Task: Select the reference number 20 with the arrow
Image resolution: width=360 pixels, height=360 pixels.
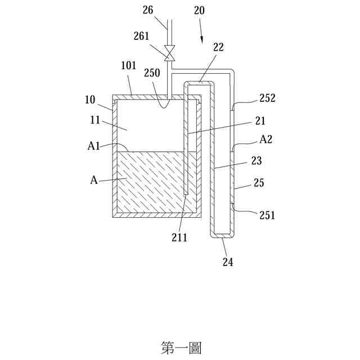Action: click(199, 11)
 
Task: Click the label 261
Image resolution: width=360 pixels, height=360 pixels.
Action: click(142, 37)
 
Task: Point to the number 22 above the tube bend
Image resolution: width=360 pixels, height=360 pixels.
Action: click(218, 48)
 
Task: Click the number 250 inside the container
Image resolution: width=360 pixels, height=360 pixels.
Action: click(152, 73)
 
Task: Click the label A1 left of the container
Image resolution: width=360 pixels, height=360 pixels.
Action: click(94, 146)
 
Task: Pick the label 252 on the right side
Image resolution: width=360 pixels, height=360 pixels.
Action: click(268, 97)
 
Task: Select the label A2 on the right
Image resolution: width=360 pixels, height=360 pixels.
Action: click(266, 140)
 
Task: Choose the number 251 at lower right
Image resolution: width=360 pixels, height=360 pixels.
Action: click(267, 214)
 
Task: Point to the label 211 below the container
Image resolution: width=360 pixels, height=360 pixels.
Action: click(180, 238)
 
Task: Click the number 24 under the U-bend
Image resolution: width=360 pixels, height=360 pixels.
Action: click(228, 262)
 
